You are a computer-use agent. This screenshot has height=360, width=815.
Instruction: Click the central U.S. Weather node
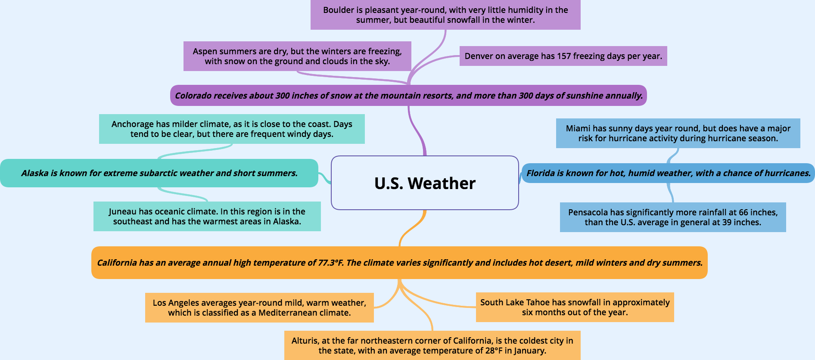click(425, 183)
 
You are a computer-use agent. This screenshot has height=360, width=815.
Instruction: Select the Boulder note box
click(445, 15)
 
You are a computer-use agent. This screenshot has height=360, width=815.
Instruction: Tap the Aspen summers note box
click(297, 56)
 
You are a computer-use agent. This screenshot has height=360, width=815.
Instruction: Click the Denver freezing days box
click(563, 56)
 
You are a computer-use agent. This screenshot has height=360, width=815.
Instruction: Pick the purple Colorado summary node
click(408, 95)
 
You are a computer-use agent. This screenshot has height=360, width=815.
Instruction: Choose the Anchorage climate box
click(232, 129)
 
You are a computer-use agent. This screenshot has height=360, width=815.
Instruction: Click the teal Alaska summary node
click(159, 173)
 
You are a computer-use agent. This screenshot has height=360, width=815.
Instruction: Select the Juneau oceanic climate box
click(207, 216)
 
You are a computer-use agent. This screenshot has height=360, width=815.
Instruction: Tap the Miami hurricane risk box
click(678, 133)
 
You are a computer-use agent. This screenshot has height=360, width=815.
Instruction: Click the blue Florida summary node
click(668, 173)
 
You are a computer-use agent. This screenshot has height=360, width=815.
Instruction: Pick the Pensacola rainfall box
click(673, 217)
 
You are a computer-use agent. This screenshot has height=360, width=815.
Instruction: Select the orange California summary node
click(399, 263)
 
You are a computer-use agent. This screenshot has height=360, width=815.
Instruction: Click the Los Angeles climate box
click(259, 307)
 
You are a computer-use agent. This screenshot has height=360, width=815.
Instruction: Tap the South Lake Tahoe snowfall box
click(575, 307)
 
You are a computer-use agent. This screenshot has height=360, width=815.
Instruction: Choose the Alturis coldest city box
click(432, 345)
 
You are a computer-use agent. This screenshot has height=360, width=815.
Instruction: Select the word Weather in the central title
click(442, 183)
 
